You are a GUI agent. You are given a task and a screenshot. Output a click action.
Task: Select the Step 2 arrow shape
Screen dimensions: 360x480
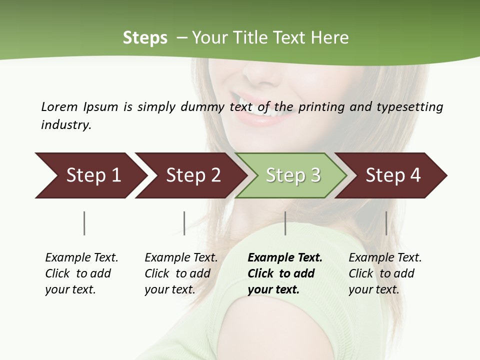coord(192,175)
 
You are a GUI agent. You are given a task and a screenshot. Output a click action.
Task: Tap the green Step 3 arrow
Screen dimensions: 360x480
coord(292,175)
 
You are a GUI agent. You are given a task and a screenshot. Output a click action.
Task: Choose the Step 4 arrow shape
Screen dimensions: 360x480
coord(392,175)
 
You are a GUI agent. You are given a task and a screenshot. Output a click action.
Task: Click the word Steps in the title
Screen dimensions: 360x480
coord(145,38)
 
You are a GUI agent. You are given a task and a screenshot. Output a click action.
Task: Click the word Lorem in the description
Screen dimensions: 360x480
coord(59,106)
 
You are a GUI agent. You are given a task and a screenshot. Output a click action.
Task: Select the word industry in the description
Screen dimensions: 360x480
coord(65,124)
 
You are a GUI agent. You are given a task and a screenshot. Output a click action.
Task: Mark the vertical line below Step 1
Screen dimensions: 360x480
coord(84,223)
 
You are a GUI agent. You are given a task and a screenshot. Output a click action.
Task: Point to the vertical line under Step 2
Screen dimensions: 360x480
coord(184,223)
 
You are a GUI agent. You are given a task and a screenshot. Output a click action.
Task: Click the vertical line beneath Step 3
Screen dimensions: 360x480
coord(285,223)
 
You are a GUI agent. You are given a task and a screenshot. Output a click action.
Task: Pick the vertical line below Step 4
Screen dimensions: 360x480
coord(386,223)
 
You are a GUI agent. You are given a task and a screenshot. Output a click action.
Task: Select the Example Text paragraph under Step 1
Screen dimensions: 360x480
coord(81,273)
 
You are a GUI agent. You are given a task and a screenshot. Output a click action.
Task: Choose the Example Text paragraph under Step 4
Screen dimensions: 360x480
coord(384,273)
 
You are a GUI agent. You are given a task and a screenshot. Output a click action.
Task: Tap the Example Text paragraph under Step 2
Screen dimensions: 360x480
coord(180,273)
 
